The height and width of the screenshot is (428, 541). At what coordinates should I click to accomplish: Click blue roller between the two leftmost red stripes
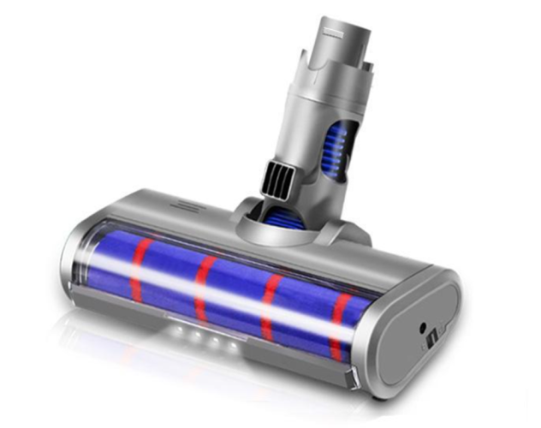click(171, 278)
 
